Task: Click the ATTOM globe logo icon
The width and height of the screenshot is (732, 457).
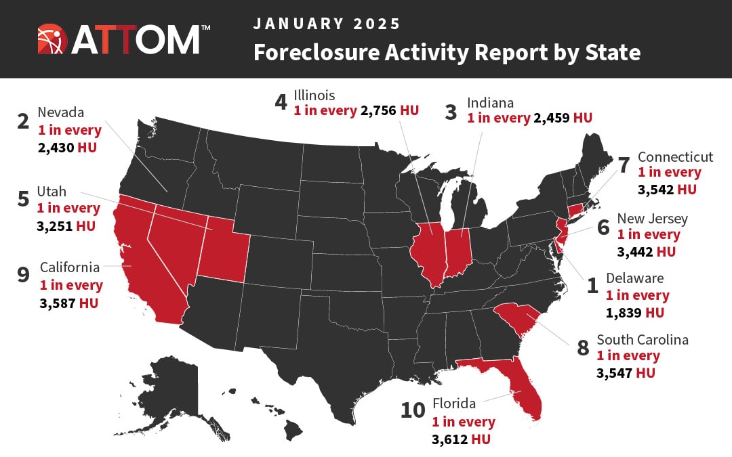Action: tap(53, 39)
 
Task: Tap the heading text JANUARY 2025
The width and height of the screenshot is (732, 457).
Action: tap(327, 24)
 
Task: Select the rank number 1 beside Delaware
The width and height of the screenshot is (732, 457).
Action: tap(592, 286)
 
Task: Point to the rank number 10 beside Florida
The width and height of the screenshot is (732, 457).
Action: tap(412, 412)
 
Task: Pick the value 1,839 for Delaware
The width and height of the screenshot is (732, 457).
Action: tap(626, 312)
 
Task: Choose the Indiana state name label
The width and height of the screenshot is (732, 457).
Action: tap(490, 103)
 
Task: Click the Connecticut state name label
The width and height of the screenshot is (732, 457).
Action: tap(675, 157)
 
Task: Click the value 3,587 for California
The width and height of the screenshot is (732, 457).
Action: tap(58, 303)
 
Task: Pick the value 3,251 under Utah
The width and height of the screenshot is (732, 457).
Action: tap(56, 225)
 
